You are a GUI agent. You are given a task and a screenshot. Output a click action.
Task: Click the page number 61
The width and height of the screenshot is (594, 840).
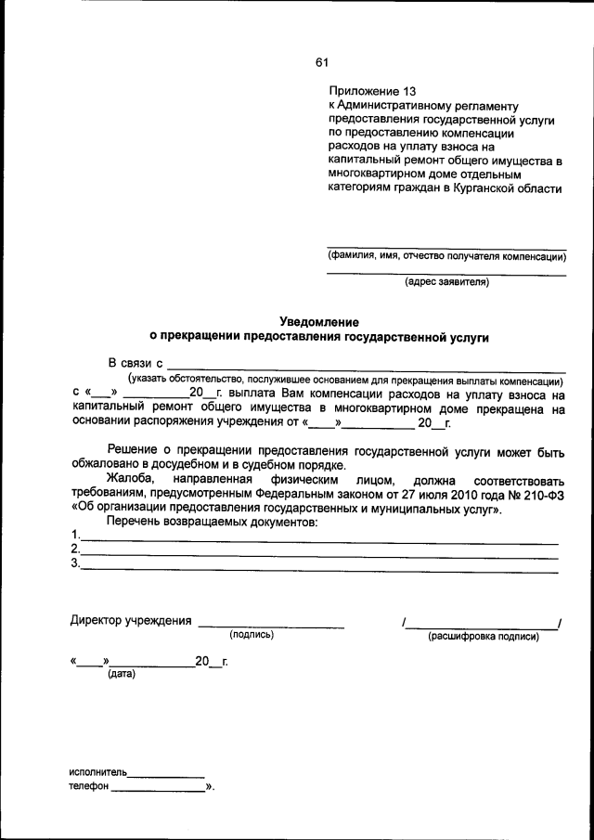coord(321,63)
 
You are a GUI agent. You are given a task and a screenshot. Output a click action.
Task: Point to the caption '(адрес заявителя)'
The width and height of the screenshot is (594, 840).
coord(445,283)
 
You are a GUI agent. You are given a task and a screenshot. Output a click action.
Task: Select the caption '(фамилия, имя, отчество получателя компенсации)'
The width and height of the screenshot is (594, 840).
coord(445,256)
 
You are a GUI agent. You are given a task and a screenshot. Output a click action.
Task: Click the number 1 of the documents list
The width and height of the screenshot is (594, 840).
coord(75,536)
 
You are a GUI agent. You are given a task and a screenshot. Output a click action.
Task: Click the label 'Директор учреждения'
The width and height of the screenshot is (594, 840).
coord(131,621)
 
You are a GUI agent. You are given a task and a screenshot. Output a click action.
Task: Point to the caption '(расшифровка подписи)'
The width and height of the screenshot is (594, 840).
coord(483,637)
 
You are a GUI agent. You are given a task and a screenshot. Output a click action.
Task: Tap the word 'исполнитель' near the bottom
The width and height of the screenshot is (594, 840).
coord(97,772)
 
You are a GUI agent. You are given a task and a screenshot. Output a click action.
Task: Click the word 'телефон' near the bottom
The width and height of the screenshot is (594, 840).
coord(89,788)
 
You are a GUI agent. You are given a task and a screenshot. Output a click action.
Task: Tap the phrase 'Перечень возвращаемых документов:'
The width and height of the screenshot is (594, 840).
coord(213,523)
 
